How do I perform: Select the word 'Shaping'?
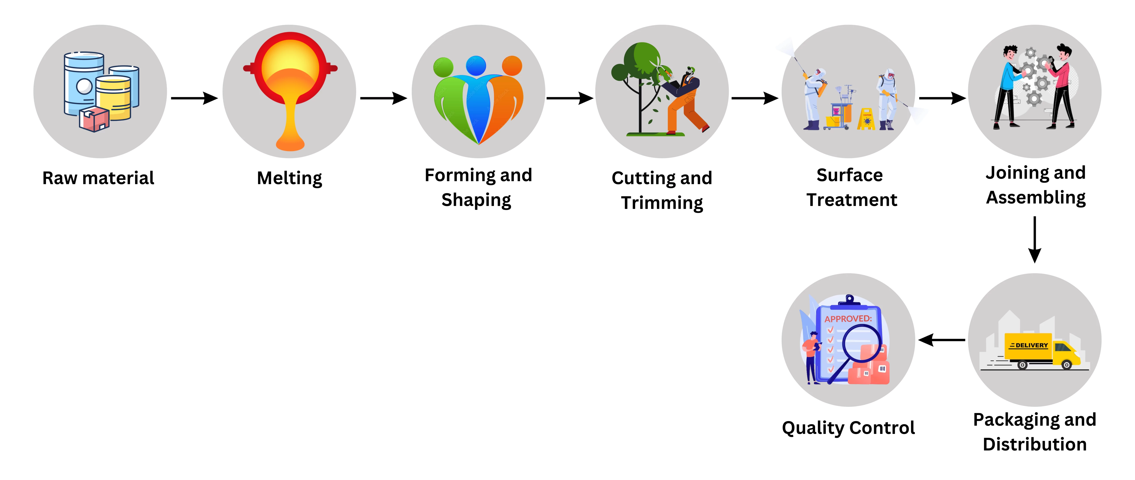tap(476, 200)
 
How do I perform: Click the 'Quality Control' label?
tap(848, 427)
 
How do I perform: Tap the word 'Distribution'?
tap(1035, 444)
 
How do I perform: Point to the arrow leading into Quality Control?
tap(942, 340)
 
